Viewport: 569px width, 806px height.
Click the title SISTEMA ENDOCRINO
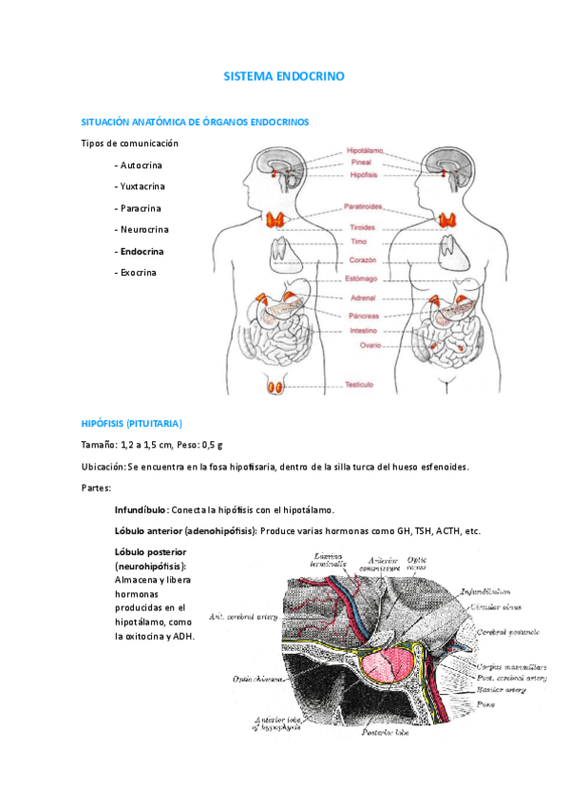pyautogui.click(x=284, y=74)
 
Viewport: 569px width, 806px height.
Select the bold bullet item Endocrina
pyautogui.click(x=139, y=252)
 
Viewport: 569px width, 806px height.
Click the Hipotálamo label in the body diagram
pyautogui.click(x=365, y=150)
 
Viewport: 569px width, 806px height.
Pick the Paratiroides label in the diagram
pyautogui.click(x=363, y=205)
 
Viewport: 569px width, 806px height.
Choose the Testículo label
pyautogui.click(x=358, y=385)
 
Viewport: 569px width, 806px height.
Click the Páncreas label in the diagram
pyautogui.click(x=364, y=316)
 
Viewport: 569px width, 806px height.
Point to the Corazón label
pyautogui.click(x=364, y=260)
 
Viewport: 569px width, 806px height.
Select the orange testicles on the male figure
pyautogui.click(x=276, y=386)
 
